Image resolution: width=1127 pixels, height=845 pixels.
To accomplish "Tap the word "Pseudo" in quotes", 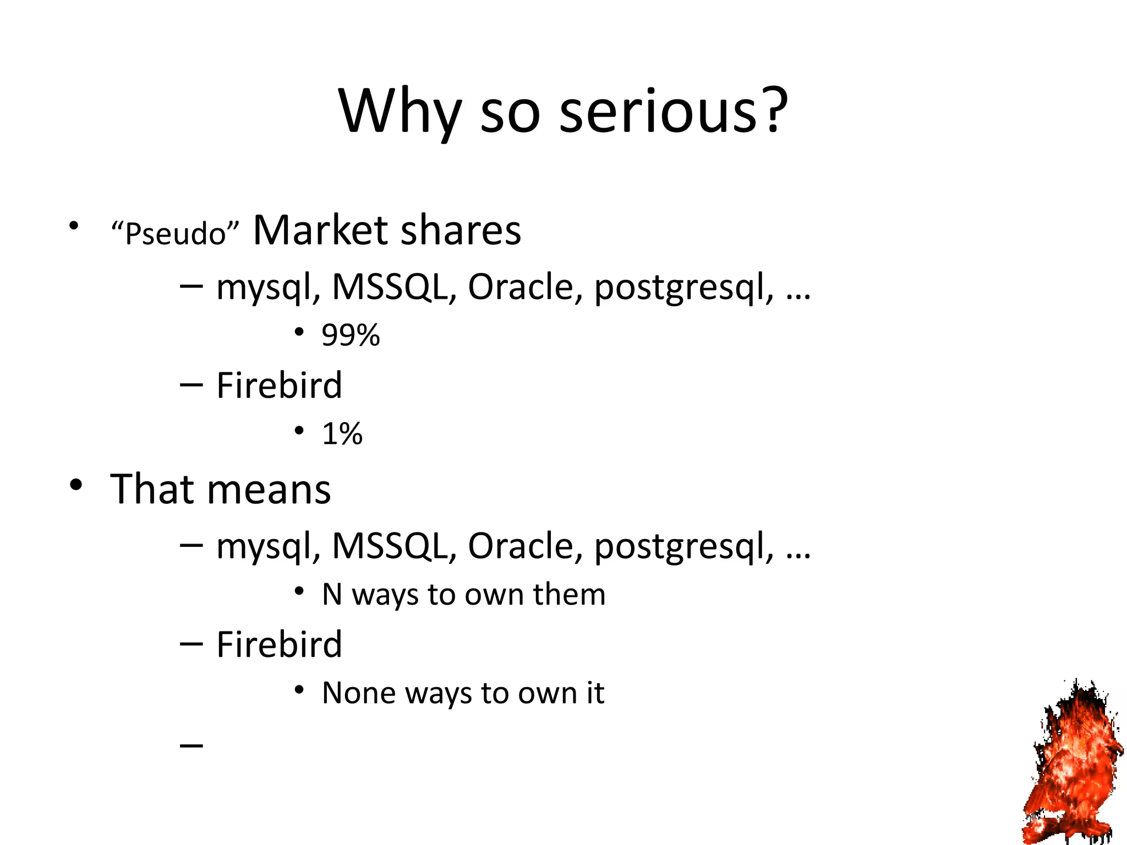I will click(175, 233).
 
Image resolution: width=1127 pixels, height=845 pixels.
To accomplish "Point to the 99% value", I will click(351, 335).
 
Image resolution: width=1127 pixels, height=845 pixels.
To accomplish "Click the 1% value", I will click(342, 434).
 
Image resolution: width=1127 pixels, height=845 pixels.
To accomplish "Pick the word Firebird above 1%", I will click(279, 385).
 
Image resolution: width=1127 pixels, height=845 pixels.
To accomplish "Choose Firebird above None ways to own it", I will click(279, 644).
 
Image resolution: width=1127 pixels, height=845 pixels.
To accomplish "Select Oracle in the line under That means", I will click(524, 546).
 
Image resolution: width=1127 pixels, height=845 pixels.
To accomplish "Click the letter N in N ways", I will click(332, 594).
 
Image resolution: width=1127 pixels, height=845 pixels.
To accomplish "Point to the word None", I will click(359, 693).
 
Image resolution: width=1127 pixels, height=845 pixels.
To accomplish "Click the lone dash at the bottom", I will click(192, 745).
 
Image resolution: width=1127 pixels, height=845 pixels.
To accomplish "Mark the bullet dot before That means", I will click(76, 485).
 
